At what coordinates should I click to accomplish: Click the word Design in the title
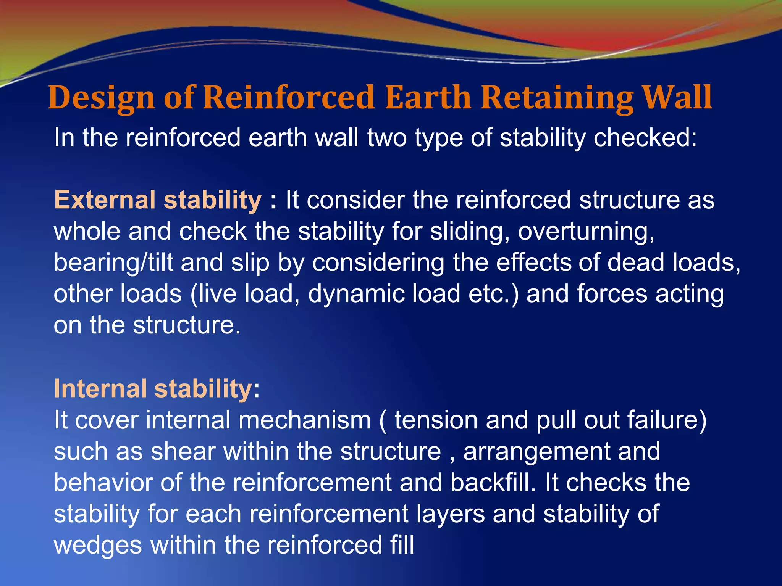click(x=101, y=98)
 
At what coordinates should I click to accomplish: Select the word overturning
click(x=586, y=232)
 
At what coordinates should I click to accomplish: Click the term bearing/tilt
click(x=113, y=263)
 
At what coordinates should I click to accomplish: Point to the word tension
click(x=436, y=420)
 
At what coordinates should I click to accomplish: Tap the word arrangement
click(x=536, y=452)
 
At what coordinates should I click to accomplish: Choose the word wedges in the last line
click(x=98, y=546)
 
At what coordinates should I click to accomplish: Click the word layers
click(x=450, y=514)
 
